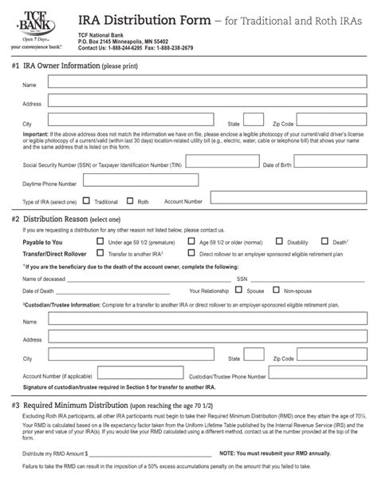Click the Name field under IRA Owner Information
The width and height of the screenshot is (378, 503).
199,84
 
